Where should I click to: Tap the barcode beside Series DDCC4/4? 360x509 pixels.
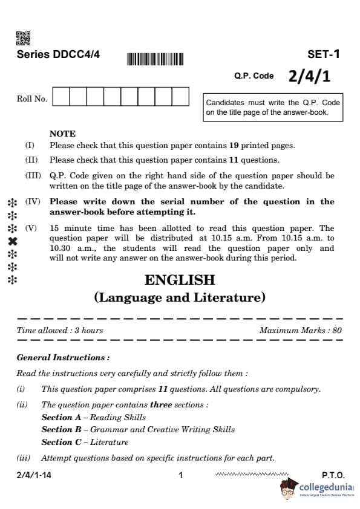(154, 59)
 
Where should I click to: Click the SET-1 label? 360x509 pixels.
(324, 54)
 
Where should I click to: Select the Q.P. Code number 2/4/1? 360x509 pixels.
(309, 76)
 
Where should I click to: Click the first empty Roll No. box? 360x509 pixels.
(62, 97)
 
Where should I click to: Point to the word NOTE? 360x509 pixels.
(62, 134)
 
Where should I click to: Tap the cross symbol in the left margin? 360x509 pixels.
(11, 241)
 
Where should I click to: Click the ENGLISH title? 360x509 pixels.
(180, 280)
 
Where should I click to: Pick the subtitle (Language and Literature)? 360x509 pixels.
(180, 297)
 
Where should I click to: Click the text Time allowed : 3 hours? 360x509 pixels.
(60, 331)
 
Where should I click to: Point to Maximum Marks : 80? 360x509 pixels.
(300, 331)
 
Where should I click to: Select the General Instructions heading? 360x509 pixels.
(64, 358)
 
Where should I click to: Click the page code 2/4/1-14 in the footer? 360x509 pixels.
(34, 476)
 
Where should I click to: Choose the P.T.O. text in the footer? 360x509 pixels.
(333, 476)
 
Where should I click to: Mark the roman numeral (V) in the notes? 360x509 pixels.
(31, 229)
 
